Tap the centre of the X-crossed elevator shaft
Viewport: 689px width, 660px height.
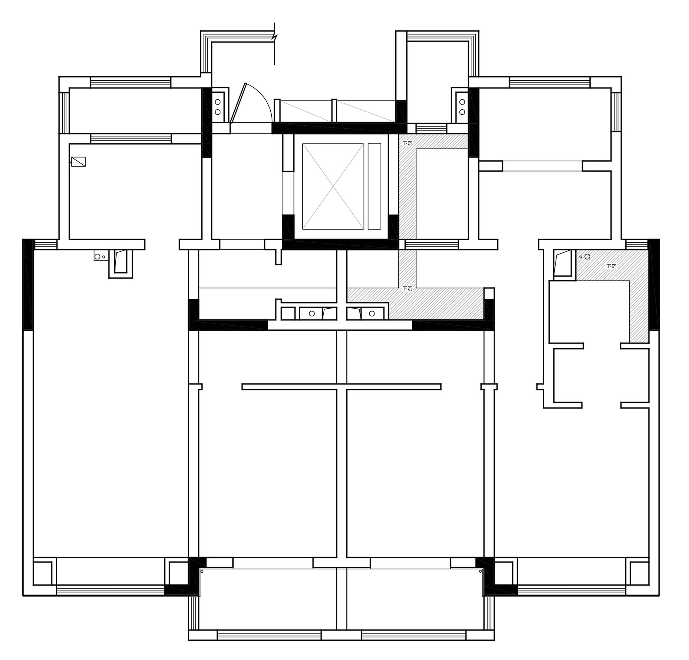click(333, 186)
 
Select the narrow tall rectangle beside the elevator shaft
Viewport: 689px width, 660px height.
click(374, 186)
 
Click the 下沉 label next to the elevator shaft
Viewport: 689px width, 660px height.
click(407, 143)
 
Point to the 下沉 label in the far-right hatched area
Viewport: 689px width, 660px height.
click(611, 266)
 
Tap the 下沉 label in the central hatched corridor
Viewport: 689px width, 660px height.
click(407, 289)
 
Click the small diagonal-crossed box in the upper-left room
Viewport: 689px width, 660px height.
click(78, 162)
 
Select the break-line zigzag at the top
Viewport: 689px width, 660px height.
click(275, 37)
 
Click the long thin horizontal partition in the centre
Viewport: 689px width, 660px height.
click(341, 386)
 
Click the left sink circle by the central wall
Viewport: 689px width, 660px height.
click(312, 313)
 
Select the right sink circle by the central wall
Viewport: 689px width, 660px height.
click(372, 313)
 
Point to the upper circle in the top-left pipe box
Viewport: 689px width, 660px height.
click(218, 102)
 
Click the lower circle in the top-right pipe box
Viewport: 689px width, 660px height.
click(462, 111)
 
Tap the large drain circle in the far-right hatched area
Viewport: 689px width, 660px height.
click(587, 257)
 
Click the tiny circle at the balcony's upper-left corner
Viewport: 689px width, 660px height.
click(202, 571)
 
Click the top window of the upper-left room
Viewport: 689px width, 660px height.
click(131, 82)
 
